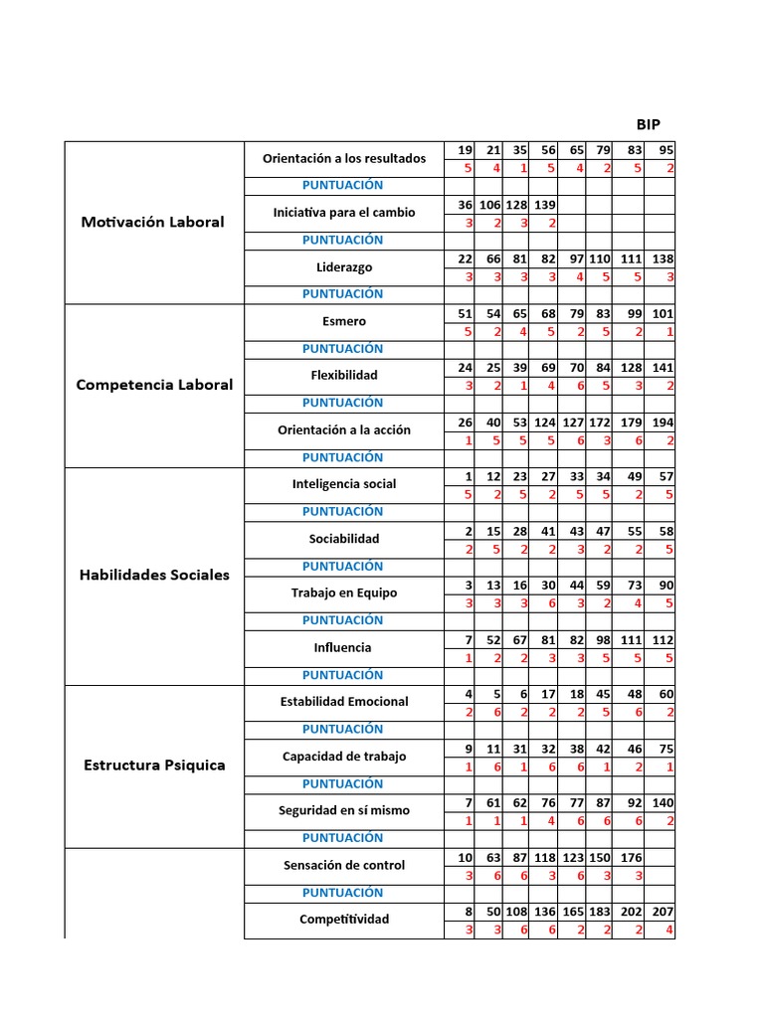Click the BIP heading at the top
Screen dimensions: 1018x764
tap(648, 124)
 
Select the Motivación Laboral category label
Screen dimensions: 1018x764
tap(152, 222)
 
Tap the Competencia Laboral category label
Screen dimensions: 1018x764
tap(154, 385)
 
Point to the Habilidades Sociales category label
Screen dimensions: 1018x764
tap(154, 575)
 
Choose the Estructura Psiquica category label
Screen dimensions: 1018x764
tap(154, 765)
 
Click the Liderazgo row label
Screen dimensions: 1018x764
tap(343, 267)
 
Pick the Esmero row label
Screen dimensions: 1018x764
tap(343, 321)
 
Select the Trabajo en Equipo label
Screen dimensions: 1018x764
tap(343, 593)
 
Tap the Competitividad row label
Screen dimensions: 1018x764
tap(343, 920)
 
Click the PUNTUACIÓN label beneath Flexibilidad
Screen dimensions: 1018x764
tap(343, 403)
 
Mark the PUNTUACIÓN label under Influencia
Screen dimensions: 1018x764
tap(343, 675)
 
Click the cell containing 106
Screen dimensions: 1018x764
tap(489, 205)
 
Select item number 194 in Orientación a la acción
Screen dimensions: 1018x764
tap(663, 423)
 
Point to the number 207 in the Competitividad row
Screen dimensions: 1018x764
tap(663, 912)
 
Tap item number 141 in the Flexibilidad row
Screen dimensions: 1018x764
tap(663, 368)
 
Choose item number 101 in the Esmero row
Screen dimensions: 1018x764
tap(663, 313)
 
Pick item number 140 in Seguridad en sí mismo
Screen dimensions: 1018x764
tap(663, 802)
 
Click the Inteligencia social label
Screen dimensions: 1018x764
tap(343, 484)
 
